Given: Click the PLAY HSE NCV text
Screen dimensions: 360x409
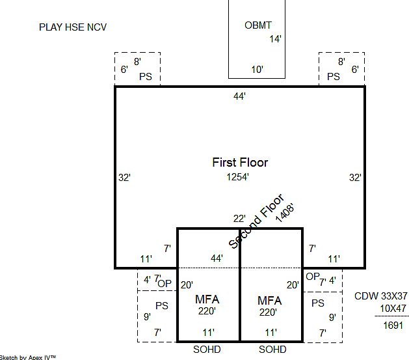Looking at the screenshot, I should pos(73,27).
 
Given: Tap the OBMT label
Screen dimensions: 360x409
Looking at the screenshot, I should pos(257,25).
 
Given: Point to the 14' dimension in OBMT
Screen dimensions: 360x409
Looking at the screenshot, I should pos(275,39).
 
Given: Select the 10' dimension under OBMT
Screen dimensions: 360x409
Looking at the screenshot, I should pos(257,70).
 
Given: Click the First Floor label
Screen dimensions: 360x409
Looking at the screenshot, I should pos(240,162).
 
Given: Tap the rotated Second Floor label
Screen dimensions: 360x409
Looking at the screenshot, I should pos(256,221).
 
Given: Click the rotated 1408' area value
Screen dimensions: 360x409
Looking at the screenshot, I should pos(285,212).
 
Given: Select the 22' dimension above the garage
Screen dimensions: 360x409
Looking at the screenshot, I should pos(240,219).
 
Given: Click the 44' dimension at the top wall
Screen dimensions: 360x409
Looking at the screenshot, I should pos(240,96).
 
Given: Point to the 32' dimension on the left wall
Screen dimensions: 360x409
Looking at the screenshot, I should pos(125,177).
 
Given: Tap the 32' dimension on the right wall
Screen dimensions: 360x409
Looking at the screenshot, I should pos(355,177).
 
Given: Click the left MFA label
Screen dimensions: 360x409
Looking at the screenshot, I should pos(207,300).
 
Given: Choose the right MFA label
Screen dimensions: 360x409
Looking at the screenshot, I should pos(269,300).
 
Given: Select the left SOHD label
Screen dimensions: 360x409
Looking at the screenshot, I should pos(207,350).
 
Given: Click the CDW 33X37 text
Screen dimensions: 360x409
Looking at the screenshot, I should pos(380,296).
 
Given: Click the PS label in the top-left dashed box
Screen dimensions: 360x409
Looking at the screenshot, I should pos(146,76).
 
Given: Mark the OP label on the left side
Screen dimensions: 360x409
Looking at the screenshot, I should pos(165,283).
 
